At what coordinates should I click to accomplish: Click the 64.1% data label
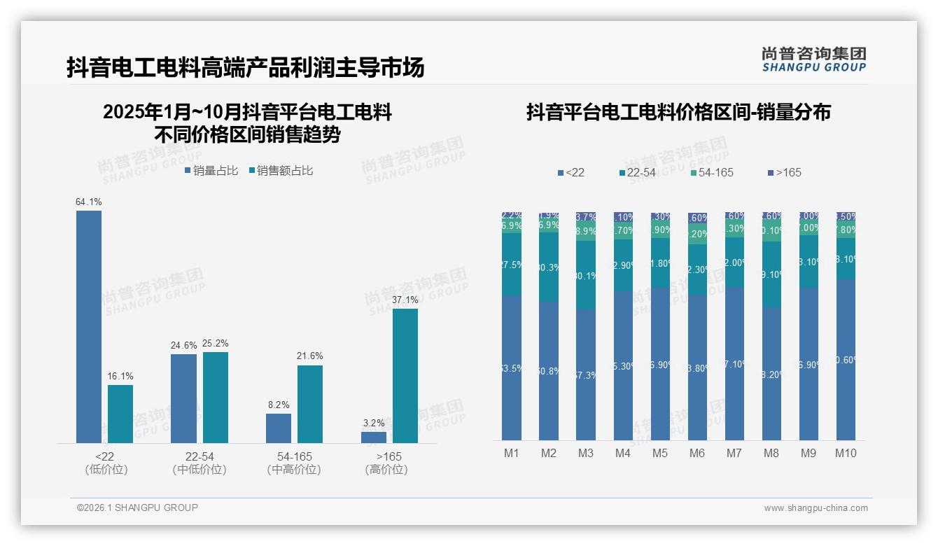(89, 202)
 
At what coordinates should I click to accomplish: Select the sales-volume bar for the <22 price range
(89, 326)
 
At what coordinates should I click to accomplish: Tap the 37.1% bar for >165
(405, 375)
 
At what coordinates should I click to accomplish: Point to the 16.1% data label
(120, 377)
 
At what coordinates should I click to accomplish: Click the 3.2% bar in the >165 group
(374, 437)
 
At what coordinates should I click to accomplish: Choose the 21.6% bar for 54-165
(310, 404)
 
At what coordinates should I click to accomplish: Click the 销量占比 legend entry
(211, 171)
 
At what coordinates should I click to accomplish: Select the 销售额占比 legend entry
(281, 171)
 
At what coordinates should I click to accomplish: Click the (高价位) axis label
(386, 470)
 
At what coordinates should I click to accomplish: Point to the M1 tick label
(512, 453)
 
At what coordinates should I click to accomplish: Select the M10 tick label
(846, 453)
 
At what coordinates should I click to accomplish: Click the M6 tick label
(697, 453)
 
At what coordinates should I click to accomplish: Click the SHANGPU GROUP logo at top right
(813, 59)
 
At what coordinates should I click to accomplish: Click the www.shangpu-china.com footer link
(815, 508)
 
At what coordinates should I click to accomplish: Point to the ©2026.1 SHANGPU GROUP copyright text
(137, 507)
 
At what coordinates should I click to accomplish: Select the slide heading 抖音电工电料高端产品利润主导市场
(246, 68)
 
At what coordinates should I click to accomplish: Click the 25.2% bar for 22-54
(216, 397)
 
